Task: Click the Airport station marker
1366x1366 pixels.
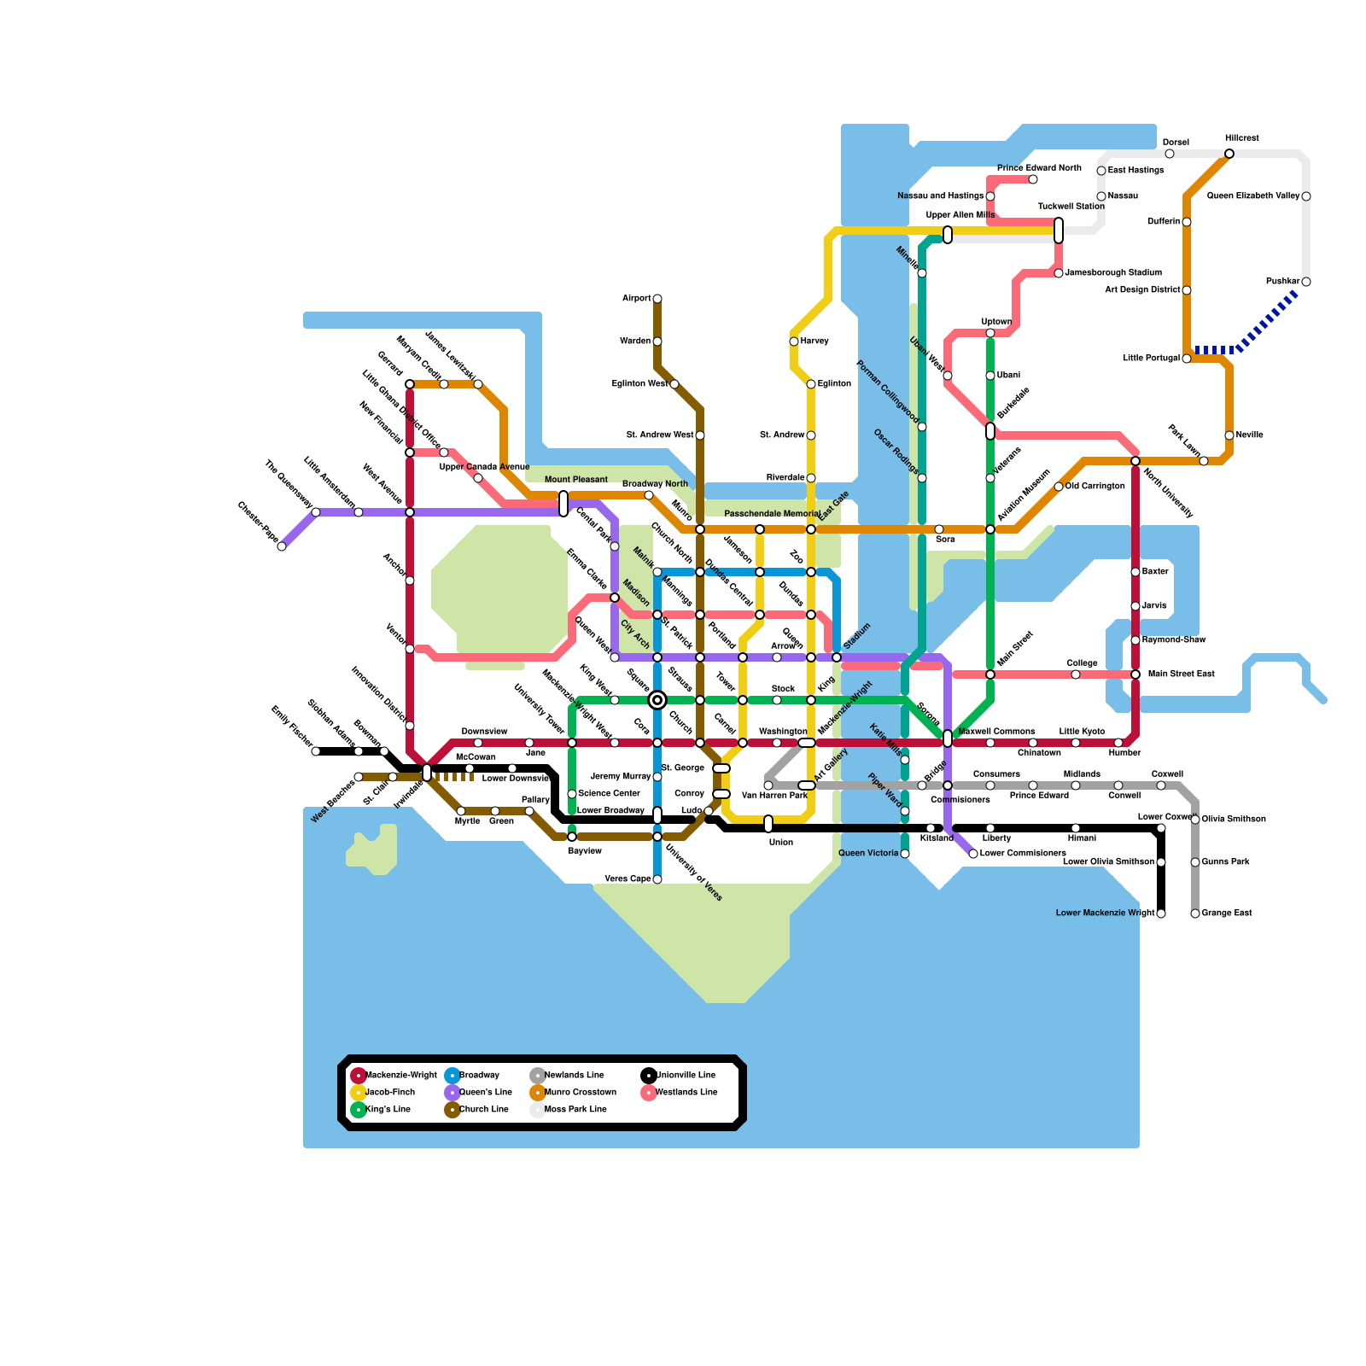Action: [657, 299]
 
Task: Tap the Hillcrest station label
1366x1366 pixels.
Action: [1241, 138]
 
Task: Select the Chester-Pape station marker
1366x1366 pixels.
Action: [282, 546]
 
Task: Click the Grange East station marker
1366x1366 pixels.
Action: [1195, 914]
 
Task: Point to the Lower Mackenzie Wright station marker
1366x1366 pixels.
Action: [1161, 914]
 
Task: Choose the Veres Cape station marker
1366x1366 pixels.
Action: [657, 879]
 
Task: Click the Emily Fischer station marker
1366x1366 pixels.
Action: [316, 751]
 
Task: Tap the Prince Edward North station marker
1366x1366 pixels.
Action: [1033, 179]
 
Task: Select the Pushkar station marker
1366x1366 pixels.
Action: [1306, 282]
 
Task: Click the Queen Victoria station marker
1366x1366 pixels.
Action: [905, 854]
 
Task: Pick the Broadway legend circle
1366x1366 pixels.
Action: [452, 1076]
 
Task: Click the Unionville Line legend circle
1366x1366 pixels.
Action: [649, 1076]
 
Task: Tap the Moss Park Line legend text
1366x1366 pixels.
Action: [575, 1110]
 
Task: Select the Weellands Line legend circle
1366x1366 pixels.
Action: [649, 1093]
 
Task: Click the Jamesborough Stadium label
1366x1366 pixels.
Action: [1113, 273]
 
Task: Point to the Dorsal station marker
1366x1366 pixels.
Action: [1170, 154]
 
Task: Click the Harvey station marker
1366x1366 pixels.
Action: [794, 341]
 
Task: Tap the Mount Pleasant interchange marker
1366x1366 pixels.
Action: [563, 504]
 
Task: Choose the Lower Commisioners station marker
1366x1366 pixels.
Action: [973, 854]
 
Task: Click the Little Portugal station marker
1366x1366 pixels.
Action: [1187, 359]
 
